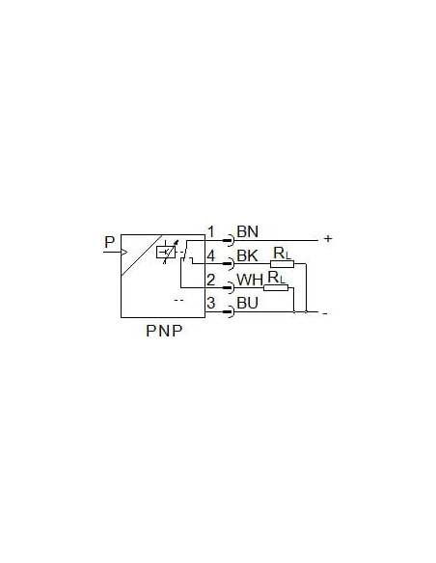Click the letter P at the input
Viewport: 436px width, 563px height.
110,242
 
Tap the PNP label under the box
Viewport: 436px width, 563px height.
164,331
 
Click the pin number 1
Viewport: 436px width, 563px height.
211,232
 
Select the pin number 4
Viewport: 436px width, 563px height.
211,256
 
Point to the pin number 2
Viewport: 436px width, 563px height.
211,280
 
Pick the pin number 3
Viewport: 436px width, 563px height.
211,303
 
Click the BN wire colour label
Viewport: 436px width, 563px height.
248,231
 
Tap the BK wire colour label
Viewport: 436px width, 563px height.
248,255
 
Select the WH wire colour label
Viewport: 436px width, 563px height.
250,281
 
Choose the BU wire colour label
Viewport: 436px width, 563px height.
248,303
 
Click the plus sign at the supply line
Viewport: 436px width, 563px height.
328,238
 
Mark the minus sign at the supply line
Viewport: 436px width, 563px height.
325,313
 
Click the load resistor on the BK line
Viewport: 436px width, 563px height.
282,264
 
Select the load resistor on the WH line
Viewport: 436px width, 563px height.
276,287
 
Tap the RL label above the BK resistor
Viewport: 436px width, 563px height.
282,254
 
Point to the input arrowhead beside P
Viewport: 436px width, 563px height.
124,252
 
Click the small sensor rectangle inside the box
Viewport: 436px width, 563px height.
166,253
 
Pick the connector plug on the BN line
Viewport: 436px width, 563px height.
230,240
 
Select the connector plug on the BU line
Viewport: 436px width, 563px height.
230,311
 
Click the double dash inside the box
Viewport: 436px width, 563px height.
178,300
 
